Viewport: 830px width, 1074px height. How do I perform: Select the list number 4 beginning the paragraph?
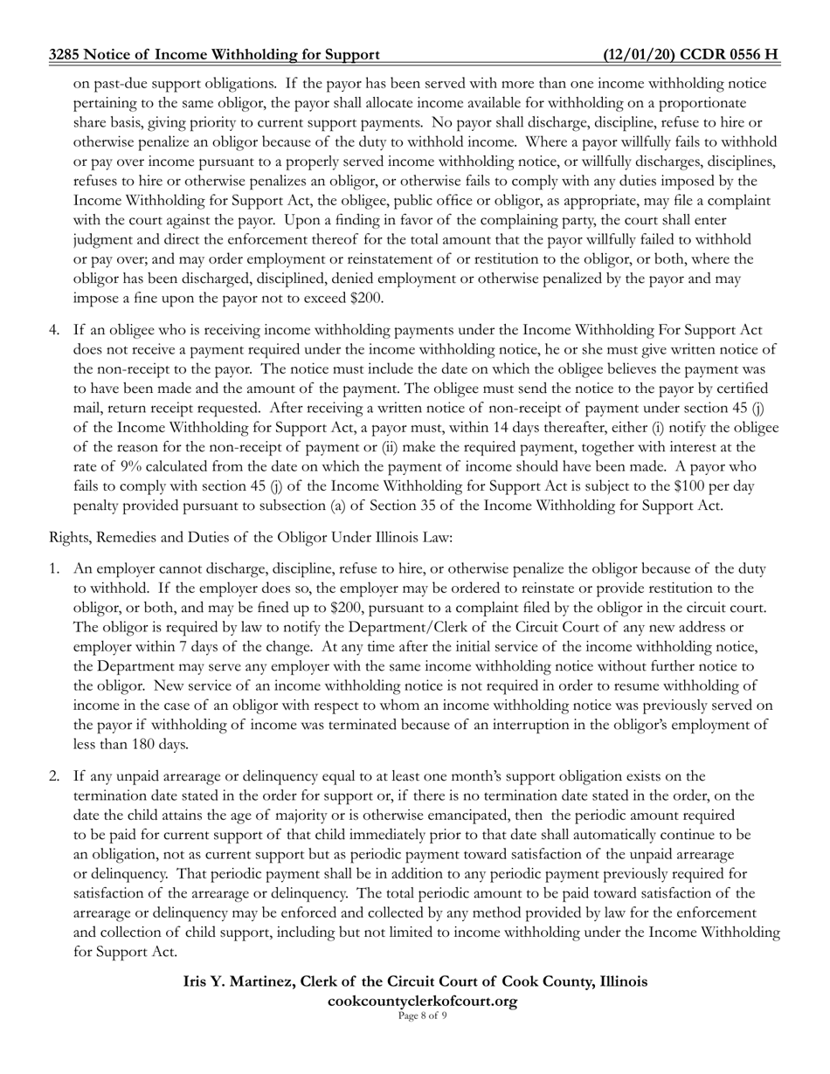point(54,330)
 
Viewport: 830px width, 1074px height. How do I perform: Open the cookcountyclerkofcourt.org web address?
point(422,1001)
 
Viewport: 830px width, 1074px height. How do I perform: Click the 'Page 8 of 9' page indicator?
point(422,1015)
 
